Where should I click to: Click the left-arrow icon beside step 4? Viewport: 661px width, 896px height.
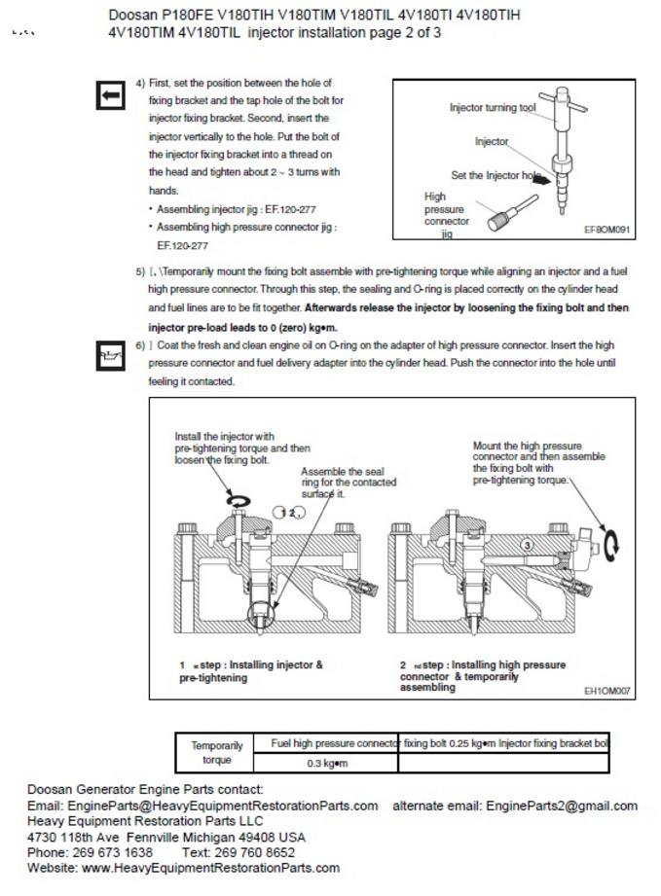pos(110,94)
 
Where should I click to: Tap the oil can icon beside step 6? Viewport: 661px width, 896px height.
pos(110,357)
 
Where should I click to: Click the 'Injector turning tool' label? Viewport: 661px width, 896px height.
pos(493,108)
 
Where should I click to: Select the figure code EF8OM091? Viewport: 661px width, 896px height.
pos(607,231)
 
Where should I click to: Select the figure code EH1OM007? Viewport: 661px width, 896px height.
pos(607,692)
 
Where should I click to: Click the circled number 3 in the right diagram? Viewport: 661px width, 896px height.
pos(527,545)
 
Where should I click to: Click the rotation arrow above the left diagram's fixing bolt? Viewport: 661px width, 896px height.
pos(238,499)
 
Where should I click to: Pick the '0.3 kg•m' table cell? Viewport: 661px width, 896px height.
pos(327,764)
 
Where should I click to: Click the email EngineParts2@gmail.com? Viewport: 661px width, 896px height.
pos(562,806)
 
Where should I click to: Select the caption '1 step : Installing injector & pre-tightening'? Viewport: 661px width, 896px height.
pos(251,671)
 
